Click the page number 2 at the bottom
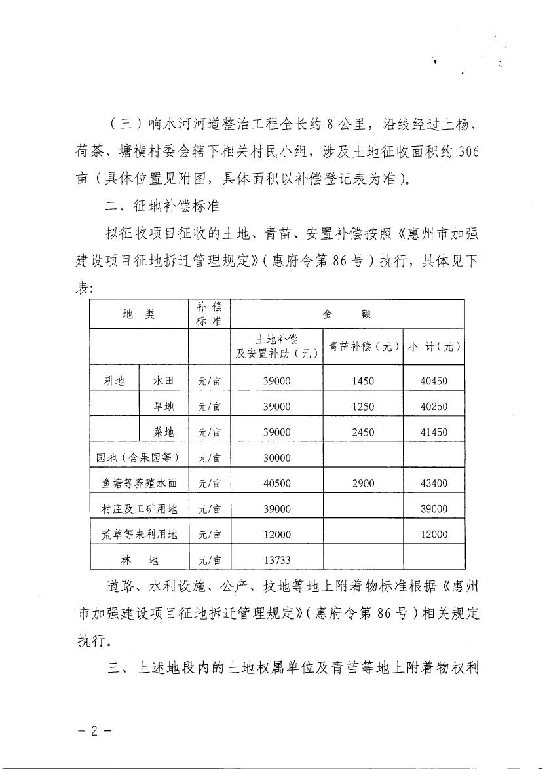[94, 731]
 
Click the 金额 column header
[348, 314]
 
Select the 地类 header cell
[139, 314]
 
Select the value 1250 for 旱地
[363, 407]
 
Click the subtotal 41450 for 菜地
[434, 432]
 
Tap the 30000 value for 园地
[276, 458]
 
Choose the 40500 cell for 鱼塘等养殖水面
[276, 483]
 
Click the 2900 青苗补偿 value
[363, 483]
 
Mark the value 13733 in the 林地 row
[276, 560]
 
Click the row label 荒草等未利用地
[139, 535]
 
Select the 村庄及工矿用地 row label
[139, 509]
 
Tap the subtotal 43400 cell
[434, 483]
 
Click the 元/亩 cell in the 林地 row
[210, 560]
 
